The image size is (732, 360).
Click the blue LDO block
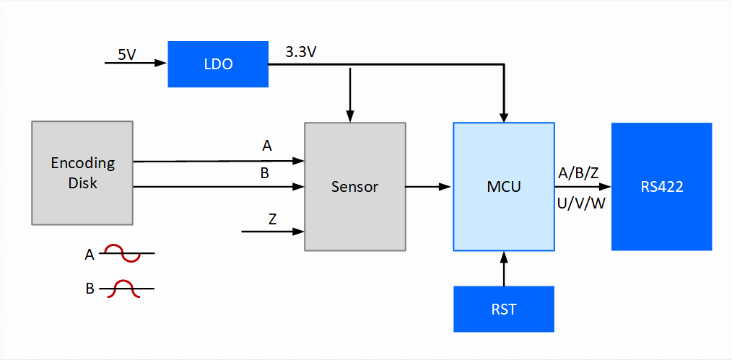[x=218, y=64]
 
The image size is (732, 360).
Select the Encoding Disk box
[x=82, y=173]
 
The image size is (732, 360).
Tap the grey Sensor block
[x=354, y=187]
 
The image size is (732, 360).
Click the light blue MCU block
[x=504, y=187]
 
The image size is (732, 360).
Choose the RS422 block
[x=661, y=187]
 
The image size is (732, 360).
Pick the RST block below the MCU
[x=504, y=309]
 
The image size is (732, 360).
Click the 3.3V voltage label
[x=301, y=52]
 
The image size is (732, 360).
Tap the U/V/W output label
[x=581, y=203]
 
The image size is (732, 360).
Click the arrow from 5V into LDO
[x=136, y=63]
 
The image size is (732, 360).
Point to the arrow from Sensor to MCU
[x=429, y=187]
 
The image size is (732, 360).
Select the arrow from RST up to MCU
[x=504, y=268]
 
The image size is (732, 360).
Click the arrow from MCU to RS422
[x=583, y=188]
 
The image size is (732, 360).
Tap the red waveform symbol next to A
[x=125, y=253]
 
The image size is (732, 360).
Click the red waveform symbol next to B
[x=125, y=288]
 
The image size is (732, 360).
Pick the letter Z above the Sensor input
[x=273, y=219]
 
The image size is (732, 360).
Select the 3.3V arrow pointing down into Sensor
[x=351, y=94]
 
